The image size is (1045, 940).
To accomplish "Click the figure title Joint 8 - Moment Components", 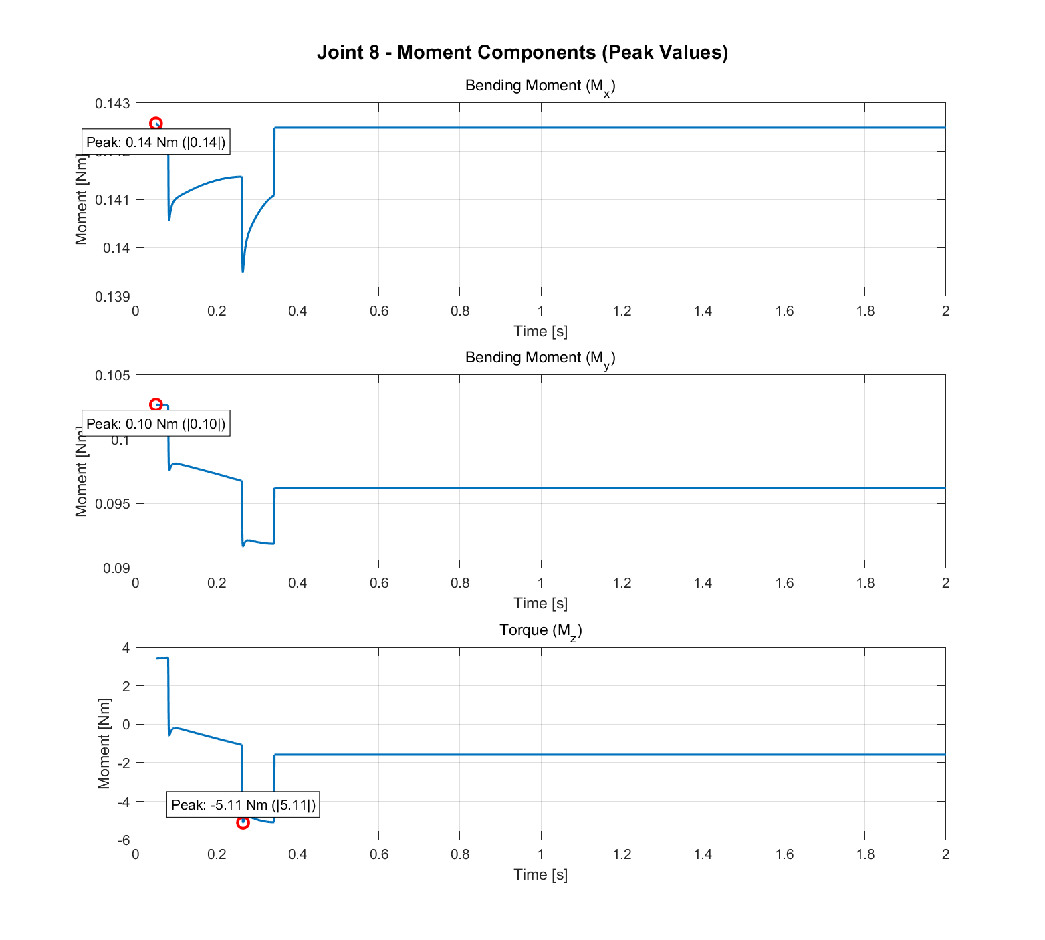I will click(x=522, y=52).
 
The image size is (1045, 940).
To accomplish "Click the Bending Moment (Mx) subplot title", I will click(x=540, y=86).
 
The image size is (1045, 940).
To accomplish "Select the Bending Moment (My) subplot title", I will click(x=540, y=358).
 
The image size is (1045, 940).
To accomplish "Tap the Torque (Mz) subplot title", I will click(x=540, y=631).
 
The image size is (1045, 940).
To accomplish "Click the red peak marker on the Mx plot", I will click(x=156, y=124).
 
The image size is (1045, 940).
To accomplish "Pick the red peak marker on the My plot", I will click(x=156, y=405).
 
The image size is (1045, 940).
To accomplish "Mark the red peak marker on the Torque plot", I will click(x=243, y=822).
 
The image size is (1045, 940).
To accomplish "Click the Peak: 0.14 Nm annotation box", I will click(x=156, y=142).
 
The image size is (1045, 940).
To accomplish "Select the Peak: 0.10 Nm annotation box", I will click(x=156, y=424).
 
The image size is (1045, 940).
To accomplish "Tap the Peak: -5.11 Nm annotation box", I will click(x=243, y=805).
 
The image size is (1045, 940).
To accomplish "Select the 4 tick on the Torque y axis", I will click(x=126, y=648).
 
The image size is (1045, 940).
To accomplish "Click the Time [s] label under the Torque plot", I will click(x=540, y=875).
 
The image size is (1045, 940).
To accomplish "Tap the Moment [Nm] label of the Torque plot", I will click(x=104, y=743).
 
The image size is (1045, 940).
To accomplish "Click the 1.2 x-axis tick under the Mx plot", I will click(x=622, y=311).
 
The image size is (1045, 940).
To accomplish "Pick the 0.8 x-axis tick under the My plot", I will click(x=459, y=583).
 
